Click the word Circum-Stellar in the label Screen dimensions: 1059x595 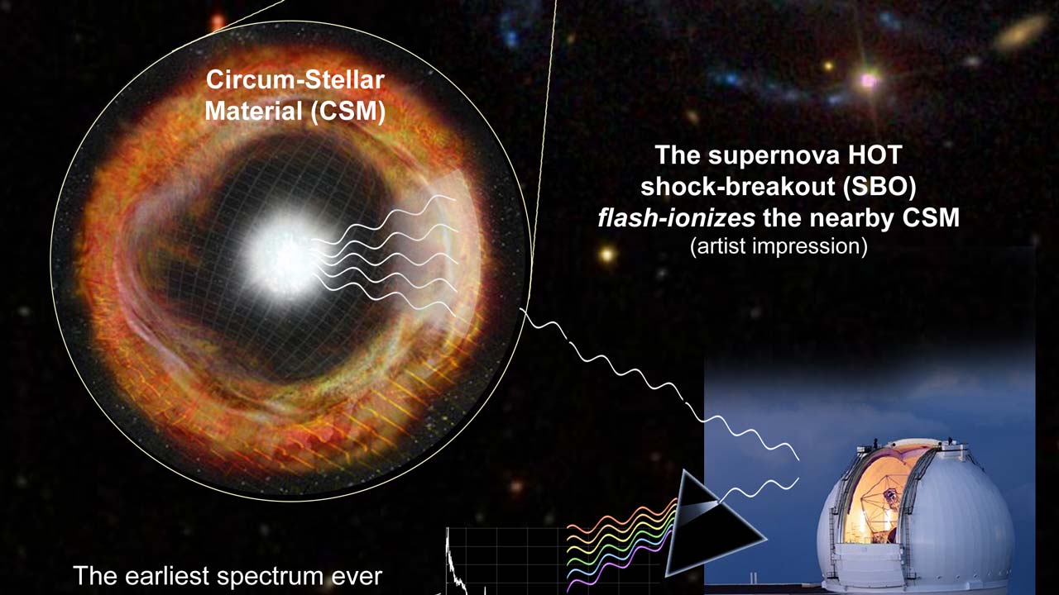[x=295, y=80]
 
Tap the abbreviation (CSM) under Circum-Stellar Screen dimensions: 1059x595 [x=347, y=112]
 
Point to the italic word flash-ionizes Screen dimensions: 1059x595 [x=677, y=218]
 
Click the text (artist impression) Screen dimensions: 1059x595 [x=779, y=246]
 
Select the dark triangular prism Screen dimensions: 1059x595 [x=709, y=524]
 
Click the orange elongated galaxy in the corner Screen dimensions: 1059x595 [x=1021, y=31]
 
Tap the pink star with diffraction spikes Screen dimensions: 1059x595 [x=869, y=80]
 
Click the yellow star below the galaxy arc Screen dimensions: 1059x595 [x=606, y=255]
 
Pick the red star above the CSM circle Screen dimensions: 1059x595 [x=218, y=21]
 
